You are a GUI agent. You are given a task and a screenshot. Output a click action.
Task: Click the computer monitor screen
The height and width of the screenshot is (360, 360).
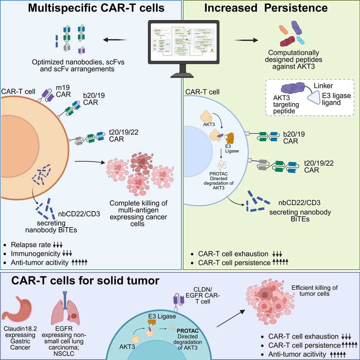pos(184,42)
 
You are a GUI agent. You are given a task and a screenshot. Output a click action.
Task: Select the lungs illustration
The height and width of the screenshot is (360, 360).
pos(65,309)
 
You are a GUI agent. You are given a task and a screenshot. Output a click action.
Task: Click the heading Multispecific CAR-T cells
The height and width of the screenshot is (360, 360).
pos(96,8)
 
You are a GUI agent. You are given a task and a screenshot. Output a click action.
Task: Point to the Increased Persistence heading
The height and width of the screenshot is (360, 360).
pos(266,8)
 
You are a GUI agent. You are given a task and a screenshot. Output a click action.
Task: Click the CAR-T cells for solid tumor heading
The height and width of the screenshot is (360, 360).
pos(85,280)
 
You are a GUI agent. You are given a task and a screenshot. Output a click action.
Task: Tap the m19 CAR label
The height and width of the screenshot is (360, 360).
pos(63,91)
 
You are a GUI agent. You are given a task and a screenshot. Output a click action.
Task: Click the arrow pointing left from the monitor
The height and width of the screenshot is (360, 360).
pos(115,40)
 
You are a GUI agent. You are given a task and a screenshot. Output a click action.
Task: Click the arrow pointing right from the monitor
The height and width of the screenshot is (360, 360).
pos(246,40)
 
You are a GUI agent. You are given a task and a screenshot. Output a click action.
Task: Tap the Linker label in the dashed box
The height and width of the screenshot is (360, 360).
pos(323,86)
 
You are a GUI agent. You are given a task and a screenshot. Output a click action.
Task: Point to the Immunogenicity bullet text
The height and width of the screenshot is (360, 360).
pos(35,253)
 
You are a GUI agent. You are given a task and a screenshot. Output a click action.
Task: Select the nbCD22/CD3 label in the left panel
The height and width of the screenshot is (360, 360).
pos(79,214)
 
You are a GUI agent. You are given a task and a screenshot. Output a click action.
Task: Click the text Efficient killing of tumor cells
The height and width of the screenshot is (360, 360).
pos(314,291)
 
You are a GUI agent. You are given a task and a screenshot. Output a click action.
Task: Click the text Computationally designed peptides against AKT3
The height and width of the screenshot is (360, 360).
pos(293,59)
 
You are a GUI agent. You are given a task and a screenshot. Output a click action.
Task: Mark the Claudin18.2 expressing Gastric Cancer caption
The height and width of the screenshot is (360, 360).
pos(20,338)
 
